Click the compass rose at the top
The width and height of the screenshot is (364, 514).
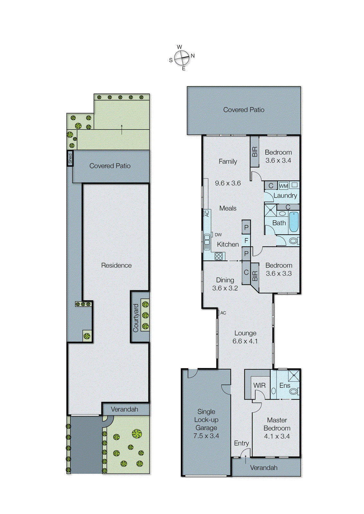(x=182, y=58)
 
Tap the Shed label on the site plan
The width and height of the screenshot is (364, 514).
(x=70, y=158)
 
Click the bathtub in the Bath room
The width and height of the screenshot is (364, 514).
(x=294, y=222)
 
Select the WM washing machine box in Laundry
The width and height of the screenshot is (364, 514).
(x=283, y=186)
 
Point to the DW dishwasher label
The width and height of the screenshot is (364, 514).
(x=218, y=235)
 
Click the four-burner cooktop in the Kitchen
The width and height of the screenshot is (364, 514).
(x=219, y=256)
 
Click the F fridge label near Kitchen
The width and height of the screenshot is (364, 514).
(x=246, y=240)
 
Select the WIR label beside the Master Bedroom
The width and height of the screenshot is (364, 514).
(x=259, y=385)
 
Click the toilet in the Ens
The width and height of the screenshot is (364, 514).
(x=293, y=392)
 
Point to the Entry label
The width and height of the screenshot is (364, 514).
(x=241, y=443)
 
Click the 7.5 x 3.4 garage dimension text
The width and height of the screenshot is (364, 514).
(x=206, y=436)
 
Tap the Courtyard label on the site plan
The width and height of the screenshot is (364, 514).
(x=136, y=318)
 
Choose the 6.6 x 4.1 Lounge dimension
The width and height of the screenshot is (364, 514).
(x=245, y=341)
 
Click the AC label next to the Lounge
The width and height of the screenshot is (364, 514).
(x=223, y=313)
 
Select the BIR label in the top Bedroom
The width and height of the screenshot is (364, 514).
(x=254, y=152)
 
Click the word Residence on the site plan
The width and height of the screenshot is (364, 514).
(x=116, y=265)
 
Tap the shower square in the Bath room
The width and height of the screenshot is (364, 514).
(x=271, y=210)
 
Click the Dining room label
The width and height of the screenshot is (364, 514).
(x=225, y=280)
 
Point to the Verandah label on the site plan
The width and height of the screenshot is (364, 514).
(x=124, y=409)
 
